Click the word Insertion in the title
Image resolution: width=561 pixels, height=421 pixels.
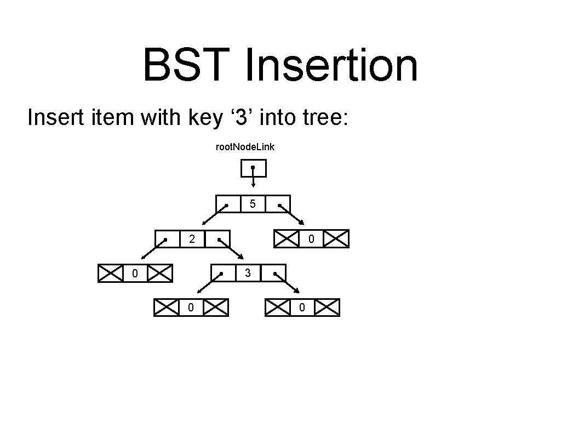coord(331,65)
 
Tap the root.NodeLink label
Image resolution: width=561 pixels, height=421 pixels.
coord(246,147)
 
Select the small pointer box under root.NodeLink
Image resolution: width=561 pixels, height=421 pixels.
coord(254,168)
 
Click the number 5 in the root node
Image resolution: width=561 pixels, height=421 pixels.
coord(253,204)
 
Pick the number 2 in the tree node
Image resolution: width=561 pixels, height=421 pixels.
coord(191,239)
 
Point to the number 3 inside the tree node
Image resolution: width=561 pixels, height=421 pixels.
coord(248,272)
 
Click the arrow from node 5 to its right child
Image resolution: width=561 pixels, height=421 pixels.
coord(291,215)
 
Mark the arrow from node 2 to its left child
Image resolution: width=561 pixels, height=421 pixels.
coord(153,249)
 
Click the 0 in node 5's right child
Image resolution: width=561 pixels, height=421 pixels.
coord(311,239)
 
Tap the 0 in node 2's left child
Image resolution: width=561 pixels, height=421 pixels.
coord(135,272)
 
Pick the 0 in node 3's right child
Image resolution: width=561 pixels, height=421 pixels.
coord(302,308)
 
